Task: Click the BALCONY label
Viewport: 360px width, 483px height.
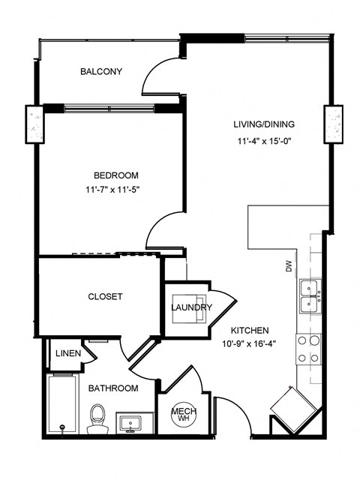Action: pos(100,72)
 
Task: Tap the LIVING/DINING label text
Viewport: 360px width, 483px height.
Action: pos(263,124)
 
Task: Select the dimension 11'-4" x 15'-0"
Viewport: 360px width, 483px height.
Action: pos(263,141)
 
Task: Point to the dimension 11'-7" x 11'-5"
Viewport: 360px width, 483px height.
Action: pos(113,190)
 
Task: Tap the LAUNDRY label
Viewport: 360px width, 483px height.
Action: pos(191,307)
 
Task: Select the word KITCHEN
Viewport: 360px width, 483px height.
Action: pos(250,330)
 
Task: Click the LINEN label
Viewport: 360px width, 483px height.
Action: pos(67,353)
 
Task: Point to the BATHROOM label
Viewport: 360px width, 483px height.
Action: pos(113,388)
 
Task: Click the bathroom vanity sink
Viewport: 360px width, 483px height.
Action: pos(131,424)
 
